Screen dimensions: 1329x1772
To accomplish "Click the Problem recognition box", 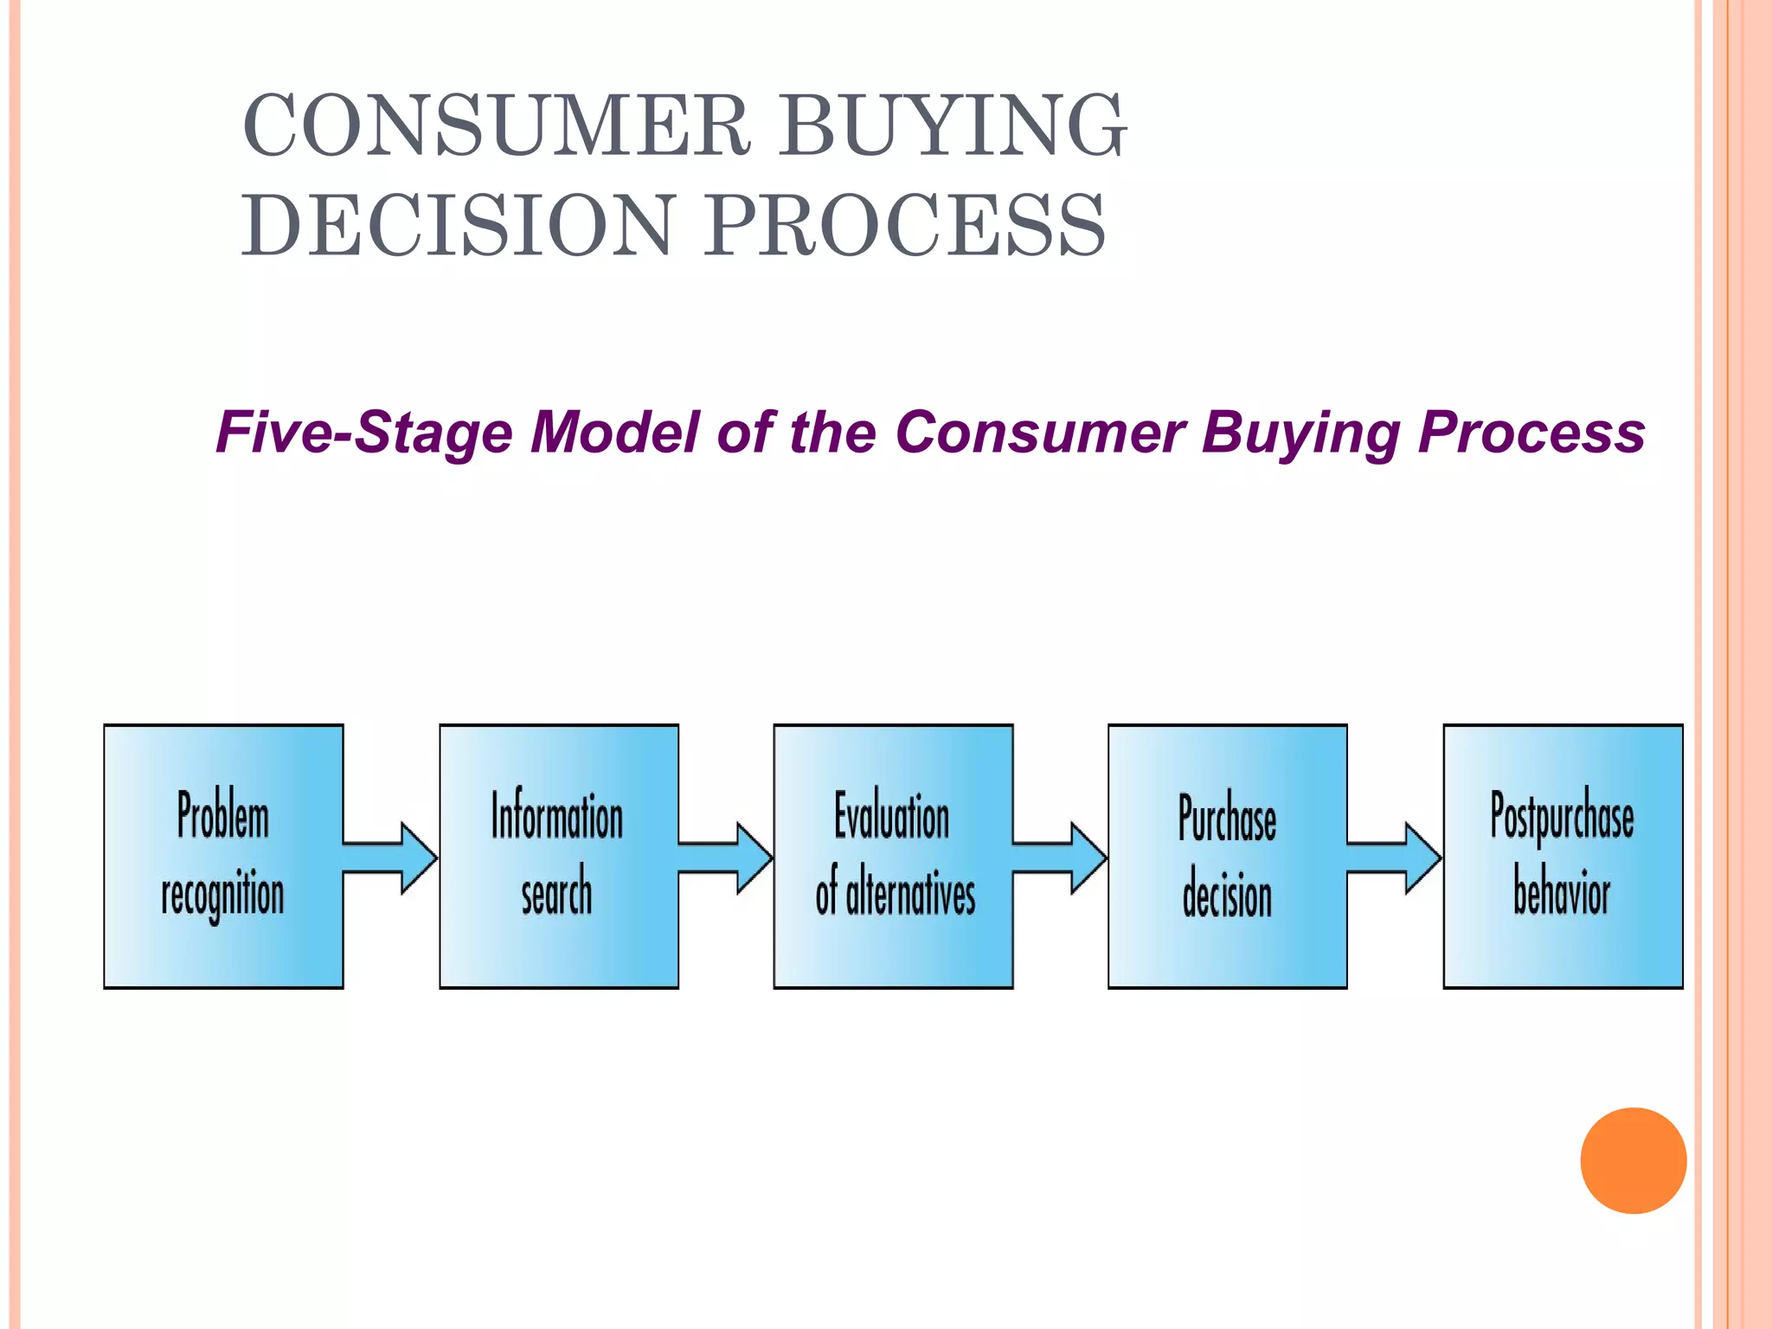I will coord(223,856).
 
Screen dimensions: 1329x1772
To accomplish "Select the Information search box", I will coord(559,856).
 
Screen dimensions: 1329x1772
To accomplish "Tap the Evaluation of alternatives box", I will coord(893,856).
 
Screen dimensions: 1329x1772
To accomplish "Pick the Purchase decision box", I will coord(1227,856).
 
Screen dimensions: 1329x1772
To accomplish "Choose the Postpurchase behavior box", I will coord(1563,856).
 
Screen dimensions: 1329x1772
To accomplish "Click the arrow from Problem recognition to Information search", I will coord(389,857).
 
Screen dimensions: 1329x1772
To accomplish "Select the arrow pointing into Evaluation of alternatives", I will coord(725,857).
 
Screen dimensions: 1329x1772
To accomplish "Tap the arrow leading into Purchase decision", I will coord(1059,857).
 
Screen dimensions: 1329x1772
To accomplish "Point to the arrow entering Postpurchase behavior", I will coord(1394,857).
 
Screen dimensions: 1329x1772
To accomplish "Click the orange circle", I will coord(1633,1160).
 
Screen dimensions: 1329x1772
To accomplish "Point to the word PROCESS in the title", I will coord(904,226).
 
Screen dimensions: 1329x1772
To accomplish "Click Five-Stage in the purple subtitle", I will coord(364,432).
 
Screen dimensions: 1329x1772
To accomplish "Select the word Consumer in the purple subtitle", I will coord(1039,432).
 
